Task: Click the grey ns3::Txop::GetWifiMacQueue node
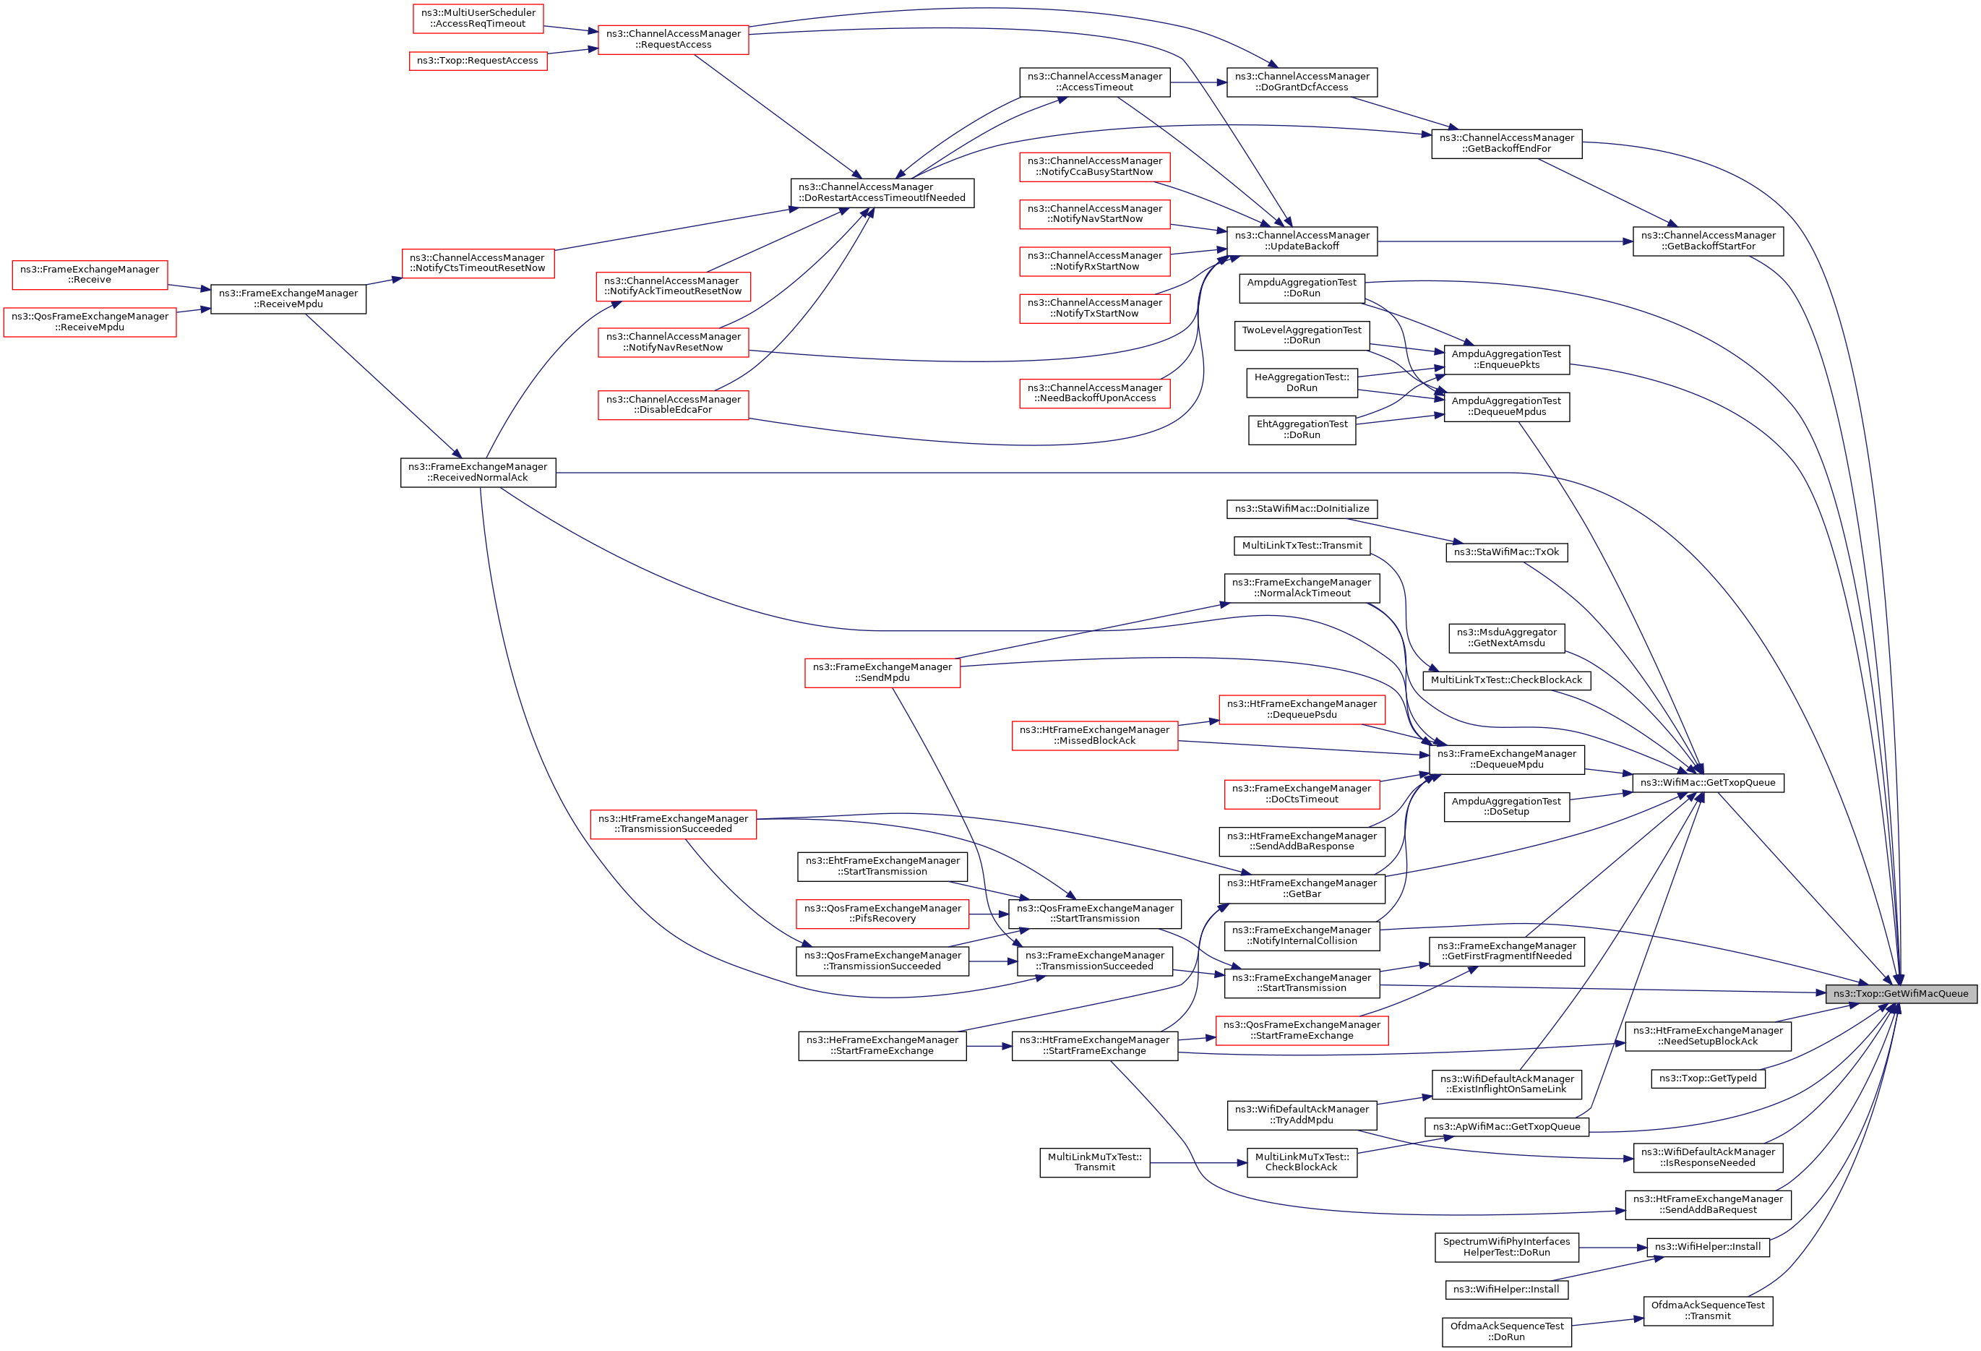coord(1900,993)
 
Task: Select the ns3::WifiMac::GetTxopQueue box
coord(1707,782)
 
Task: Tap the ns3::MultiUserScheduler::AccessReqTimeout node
coord(478,19)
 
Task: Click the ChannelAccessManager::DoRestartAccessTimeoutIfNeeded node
coord(882,192)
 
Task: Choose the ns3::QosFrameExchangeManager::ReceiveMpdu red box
coord(90,322)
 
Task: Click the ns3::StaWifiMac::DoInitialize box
coord(1302,509)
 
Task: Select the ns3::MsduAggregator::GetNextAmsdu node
coord(1506,638)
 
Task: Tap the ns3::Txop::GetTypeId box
coord(1707,1078)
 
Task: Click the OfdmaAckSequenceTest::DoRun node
coord(1506,1331)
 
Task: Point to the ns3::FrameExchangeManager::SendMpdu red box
coord(882,672)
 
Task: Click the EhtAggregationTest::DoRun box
coord(1302,429)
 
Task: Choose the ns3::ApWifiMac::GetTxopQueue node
coord(1506,1127)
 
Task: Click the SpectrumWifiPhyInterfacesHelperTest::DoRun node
coord(1506,1247)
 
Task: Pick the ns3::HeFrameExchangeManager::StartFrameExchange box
coord(882,1045)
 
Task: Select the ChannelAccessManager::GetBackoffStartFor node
coord(1707,241)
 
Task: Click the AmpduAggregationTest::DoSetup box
coord(1506,807)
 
